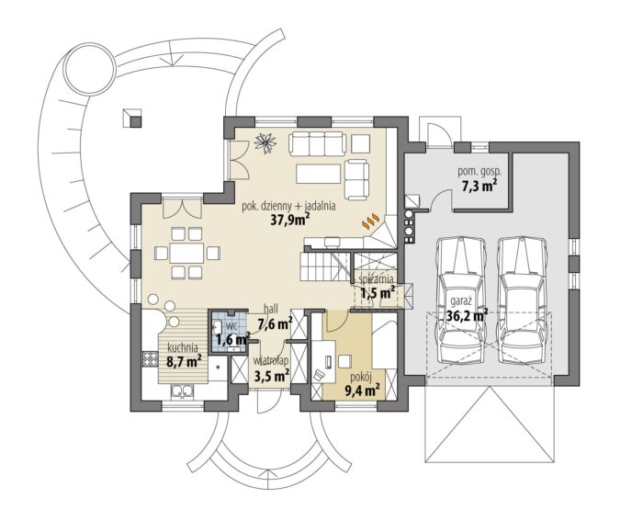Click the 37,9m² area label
[289, 220]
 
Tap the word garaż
[461, 301]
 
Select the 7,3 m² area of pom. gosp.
[479, 186]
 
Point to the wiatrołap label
[271, 361]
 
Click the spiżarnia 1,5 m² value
[378, 293]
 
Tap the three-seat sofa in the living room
[316, 143]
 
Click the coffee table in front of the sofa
[319, 174]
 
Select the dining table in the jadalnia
[186, 253]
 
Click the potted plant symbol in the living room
[265, 142]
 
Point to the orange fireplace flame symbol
[371, 221]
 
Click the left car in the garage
[460, 300]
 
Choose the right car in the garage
[522, 300]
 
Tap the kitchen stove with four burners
[150, 359]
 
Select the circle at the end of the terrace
[89, 68]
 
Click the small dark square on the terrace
[136, 121]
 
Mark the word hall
[271, 309]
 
